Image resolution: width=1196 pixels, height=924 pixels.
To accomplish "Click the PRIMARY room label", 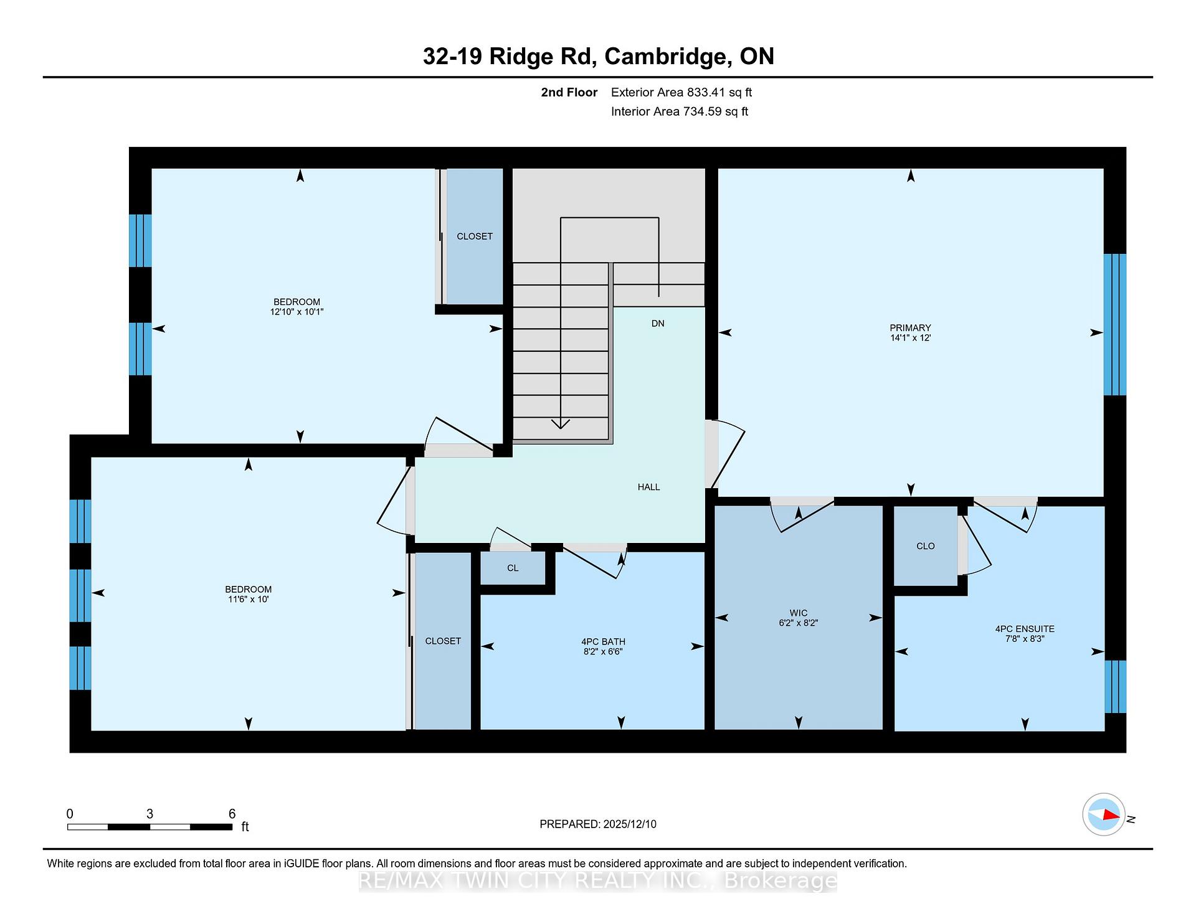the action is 910,328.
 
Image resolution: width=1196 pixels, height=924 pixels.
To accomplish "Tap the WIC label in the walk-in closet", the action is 798,613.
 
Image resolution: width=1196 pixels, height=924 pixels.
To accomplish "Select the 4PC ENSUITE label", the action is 1025,629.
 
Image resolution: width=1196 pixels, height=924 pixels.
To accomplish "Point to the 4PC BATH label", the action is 603,641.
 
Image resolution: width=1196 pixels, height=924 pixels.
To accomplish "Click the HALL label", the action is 648,487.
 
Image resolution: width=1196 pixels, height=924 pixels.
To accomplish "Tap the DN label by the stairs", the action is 658,323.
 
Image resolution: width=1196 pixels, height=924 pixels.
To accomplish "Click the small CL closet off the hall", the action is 513,568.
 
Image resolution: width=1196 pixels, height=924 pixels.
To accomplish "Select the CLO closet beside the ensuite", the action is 925,546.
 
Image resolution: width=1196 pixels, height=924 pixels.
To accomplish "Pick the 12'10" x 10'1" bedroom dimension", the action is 297,312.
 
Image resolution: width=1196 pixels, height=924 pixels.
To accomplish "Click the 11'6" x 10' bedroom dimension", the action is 248,599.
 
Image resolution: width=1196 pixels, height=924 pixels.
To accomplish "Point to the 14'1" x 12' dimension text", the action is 910,337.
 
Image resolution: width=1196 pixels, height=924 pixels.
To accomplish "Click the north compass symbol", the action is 1104,814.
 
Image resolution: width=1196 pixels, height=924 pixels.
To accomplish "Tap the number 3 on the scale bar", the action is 149,814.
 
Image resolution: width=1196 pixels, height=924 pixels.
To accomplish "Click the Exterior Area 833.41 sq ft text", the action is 681,92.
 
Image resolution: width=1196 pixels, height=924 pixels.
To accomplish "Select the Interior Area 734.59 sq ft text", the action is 680,111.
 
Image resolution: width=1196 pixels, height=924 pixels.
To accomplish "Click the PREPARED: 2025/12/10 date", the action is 598,824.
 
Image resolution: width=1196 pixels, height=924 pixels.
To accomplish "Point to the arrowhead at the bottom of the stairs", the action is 561,424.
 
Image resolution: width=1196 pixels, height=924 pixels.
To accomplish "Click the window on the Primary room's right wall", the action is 1115,324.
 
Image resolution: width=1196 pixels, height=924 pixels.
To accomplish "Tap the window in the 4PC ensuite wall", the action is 1115,686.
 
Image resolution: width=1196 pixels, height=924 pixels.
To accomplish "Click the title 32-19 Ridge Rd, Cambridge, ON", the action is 598,56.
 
